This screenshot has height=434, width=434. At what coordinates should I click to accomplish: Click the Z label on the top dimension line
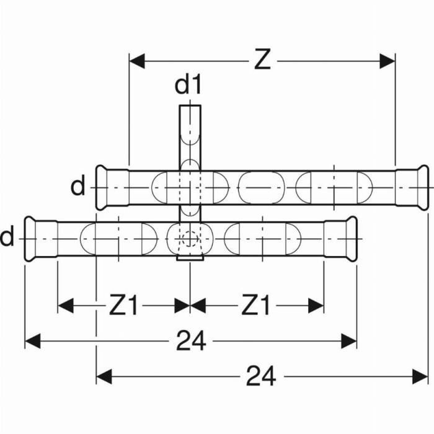pos(262,60)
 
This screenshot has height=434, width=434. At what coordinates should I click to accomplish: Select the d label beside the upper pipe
pos(77,186)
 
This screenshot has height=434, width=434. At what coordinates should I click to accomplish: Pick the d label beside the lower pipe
pos(7,237)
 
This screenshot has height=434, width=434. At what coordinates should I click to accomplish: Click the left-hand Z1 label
pos(123,305)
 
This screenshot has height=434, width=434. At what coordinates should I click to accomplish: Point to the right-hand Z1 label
pos(256,305)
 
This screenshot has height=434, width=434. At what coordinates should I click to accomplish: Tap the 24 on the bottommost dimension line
pos(261,376)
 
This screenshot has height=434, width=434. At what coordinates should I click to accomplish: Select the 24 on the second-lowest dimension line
pos(191,340)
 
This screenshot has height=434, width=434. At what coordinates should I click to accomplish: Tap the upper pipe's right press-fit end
pos(412,187)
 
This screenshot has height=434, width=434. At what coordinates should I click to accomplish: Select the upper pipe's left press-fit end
pos(111,187)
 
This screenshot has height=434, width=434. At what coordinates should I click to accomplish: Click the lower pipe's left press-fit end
pos(40,239)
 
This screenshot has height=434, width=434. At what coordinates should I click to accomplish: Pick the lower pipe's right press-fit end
pos(340,239)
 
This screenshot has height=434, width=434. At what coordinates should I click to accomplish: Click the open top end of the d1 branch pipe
pos(190,108)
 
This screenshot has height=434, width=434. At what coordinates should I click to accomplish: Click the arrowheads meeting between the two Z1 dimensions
pos(190,305)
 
